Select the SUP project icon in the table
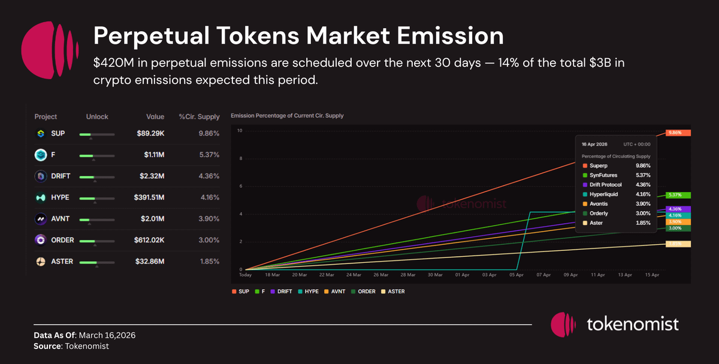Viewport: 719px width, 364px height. point(40,134)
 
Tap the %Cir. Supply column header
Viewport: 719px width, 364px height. point(199,117)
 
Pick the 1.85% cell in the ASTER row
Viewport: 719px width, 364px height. point(209,261)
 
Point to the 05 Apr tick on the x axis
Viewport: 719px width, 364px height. point(516,275)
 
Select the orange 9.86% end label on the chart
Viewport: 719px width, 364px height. point(678,133)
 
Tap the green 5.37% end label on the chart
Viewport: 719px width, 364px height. point(678,195)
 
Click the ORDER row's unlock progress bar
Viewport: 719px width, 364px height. point(96,241)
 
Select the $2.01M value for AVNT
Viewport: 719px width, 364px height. point(152,219)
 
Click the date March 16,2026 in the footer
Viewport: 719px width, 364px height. point(110,335)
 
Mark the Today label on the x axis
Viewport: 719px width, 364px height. point(245,275)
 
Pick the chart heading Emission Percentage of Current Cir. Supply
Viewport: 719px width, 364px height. point(287,115)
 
